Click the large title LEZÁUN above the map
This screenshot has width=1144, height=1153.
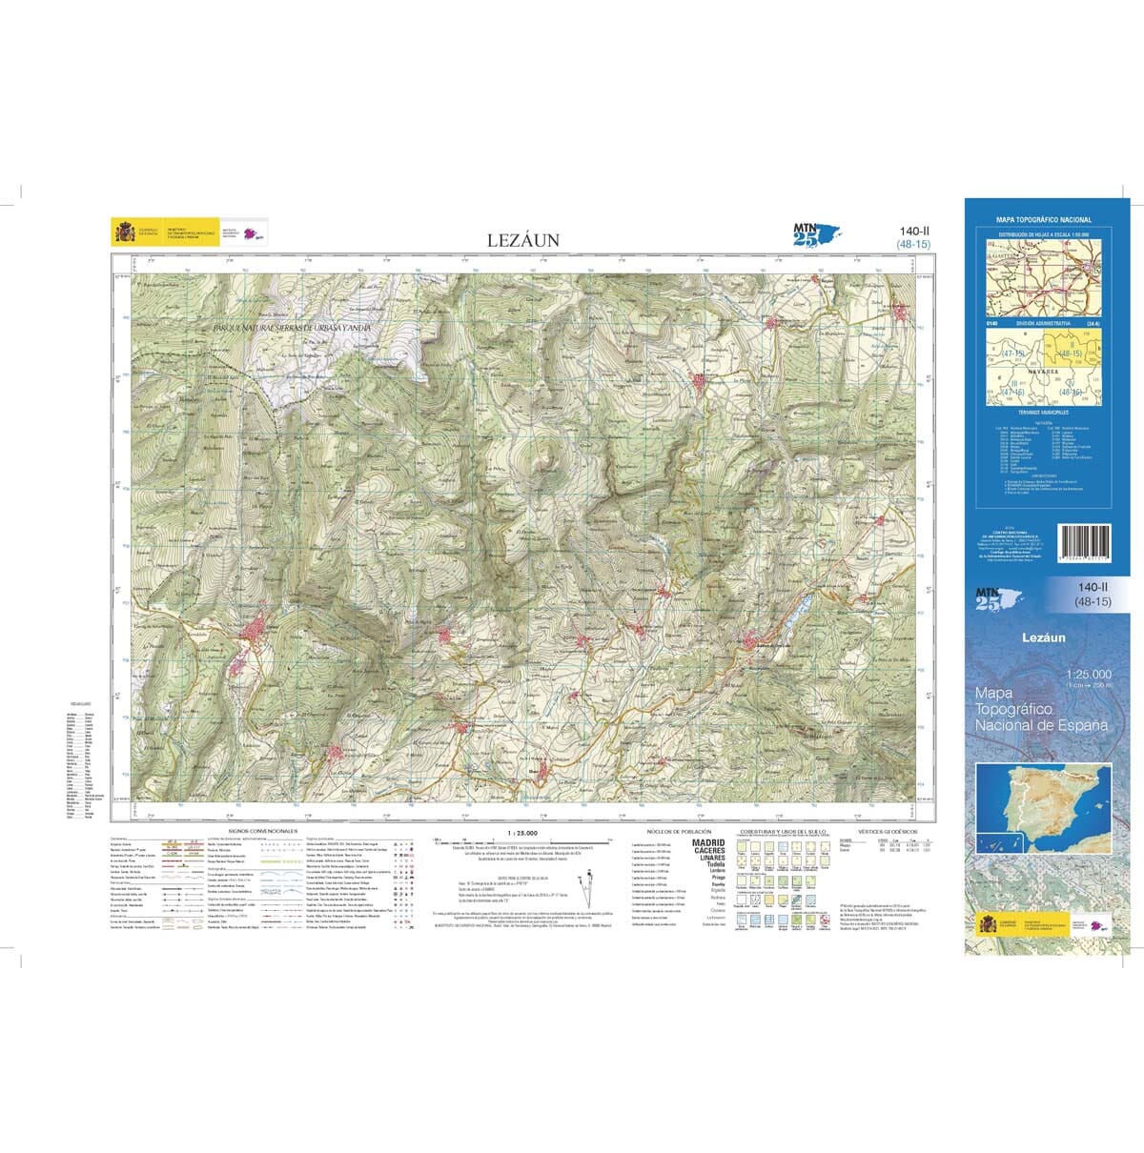point(523,241)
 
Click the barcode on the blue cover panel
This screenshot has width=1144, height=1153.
point(1079,542)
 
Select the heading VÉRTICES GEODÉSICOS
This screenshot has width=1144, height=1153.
point(887,832)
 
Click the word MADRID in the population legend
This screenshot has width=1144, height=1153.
point(708,843)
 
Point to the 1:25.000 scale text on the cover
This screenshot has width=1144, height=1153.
point(1089,675)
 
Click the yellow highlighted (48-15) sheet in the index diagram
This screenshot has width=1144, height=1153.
point(1070,354)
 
